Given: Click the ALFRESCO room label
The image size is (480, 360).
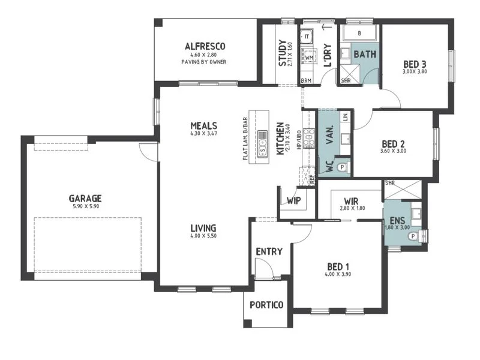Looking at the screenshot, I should pos(205,46).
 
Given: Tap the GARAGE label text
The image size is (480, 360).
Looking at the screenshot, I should pos(85,198).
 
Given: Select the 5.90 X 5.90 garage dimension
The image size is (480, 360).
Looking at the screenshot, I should pos(85,207).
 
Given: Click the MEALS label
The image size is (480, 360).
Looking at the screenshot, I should pos(204,125).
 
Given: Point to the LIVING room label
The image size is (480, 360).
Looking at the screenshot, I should pos(203,228).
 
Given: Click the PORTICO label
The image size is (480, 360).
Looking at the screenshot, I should pos(267,305).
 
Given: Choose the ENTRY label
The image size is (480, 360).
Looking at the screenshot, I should pos(269,251).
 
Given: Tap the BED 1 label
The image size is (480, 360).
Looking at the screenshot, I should pos(338,266).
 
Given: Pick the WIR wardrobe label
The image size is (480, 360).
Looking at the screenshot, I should pos(351,200).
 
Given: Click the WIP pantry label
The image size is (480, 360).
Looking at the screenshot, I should pos(293,200).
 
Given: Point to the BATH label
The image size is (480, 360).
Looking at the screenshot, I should pos(365,55).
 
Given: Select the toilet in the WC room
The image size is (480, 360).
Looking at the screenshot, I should pos(342,168).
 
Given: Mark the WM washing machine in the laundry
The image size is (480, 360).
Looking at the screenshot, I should pos(309,58).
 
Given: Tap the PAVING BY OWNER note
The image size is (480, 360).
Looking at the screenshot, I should pos(205,62).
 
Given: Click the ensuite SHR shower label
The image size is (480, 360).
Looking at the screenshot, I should pos(389,183).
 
